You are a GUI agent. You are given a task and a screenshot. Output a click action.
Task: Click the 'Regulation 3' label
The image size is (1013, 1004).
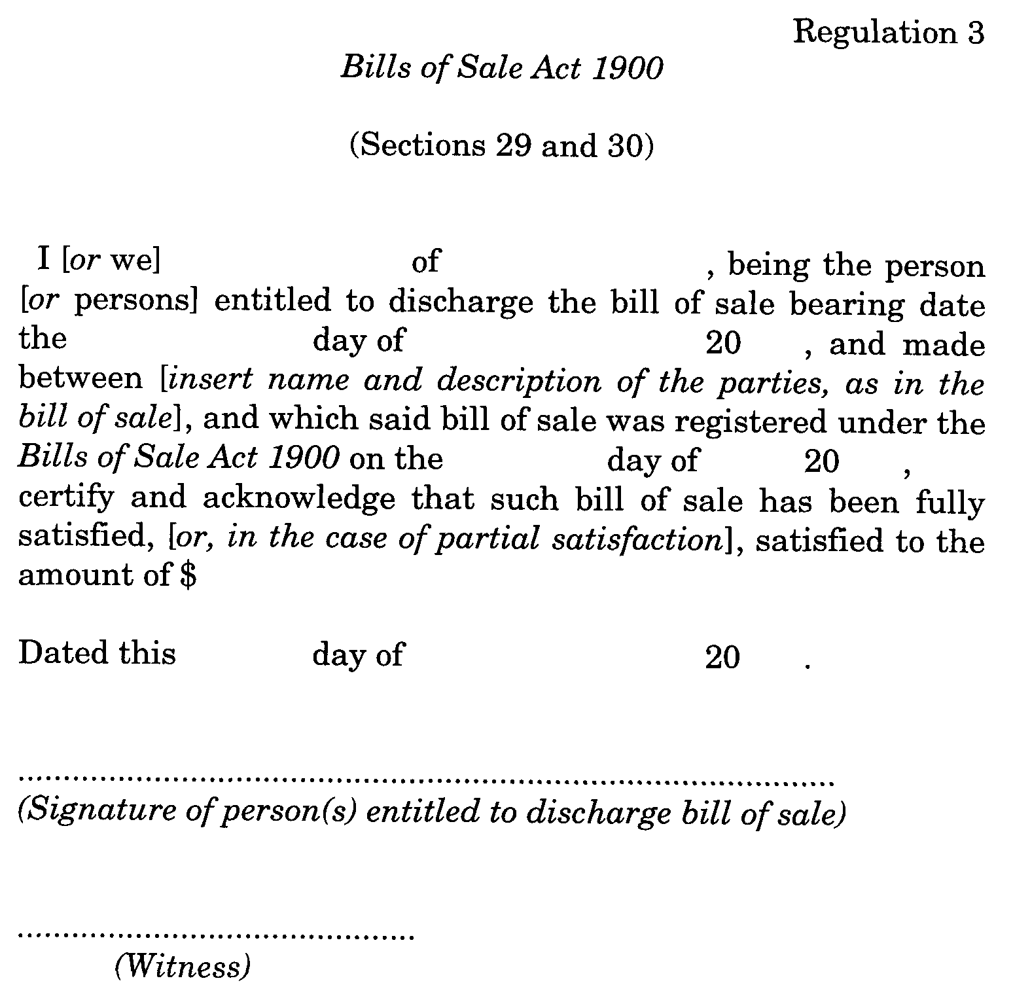click(888, 33)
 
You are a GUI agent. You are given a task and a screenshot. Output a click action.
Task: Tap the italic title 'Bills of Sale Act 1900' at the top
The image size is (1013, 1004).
click(502, 68)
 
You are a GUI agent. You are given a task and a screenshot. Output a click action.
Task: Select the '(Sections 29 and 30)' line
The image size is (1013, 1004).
click(502, 145)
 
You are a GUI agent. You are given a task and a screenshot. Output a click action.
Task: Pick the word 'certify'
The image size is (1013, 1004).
click(66, 499)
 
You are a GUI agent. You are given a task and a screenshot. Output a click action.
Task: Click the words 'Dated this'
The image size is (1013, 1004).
click(97, 653)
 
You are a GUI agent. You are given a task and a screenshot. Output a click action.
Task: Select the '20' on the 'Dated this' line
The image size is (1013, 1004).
click(722, 656)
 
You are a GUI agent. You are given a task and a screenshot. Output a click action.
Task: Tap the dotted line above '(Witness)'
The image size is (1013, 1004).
click(217, 937)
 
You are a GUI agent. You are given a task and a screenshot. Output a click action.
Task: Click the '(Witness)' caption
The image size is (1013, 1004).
click(183, 967)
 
